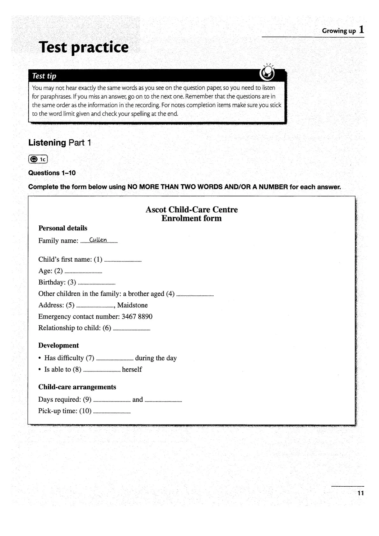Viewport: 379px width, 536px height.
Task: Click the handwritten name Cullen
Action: (x=98, y=240)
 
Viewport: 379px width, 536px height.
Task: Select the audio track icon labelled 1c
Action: (x=38, y=159)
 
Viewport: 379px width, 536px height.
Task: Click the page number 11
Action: (x=361, y=493)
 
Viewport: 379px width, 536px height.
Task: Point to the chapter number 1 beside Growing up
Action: (x=361, y=30)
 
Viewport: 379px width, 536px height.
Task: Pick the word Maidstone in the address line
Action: (x=132, y=305)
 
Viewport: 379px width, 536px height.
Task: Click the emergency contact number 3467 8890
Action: (x=137, y=317)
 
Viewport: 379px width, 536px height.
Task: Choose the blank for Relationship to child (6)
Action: (x=132, y=329)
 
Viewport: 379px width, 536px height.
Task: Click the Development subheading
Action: (x=59, y=345)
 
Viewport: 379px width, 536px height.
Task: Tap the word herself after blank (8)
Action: (x=132, y=370)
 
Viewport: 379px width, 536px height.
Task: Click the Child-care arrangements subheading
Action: (x=77, y=387)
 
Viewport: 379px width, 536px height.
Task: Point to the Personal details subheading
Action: (x=63, y=228)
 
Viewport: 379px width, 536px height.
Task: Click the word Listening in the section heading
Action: (x=47, y=143)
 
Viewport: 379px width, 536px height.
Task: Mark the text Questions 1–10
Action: (x=52, y=173)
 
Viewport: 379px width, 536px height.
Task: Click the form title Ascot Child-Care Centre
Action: (x=191, y=210)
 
